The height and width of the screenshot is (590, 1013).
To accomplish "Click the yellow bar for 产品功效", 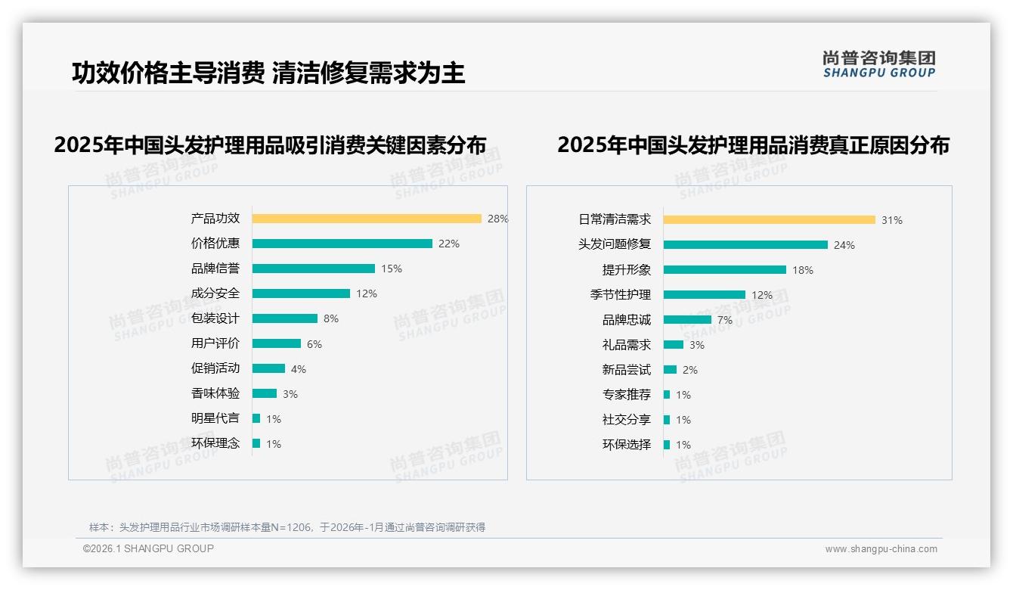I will (367, 219).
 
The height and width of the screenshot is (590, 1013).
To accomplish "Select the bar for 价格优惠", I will (342, 244).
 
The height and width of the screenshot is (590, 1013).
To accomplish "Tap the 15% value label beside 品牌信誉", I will (392, 269).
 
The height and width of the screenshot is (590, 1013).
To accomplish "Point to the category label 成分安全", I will (215, 293).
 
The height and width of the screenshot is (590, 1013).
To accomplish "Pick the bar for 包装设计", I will (285, 318).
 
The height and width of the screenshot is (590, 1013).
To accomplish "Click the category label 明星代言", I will (215, 418).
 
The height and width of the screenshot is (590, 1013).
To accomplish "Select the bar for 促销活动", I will (268, 368).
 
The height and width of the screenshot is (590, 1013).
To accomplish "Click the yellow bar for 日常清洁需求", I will (770, 220).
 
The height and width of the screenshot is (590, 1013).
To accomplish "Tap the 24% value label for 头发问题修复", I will (844, 245).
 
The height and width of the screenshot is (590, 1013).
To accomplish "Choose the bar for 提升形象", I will (725, 270).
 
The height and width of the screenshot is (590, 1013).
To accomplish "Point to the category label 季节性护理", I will (621, 295).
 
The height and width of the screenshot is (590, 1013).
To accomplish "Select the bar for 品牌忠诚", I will (687, 320).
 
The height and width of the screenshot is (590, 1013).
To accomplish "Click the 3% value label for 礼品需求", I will (697, 345).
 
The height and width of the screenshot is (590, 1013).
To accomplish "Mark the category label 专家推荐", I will (627, 395).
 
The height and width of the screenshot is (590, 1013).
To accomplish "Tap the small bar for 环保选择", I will (667, 445).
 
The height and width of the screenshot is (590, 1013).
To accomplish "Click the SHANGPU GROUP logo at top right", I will (879, 64).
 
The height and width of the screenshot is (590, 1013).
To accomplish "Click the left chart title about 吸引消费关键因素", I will (270, 145).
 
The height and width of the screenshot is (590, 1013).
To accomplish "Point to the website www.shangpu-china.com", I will (881, 549).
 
